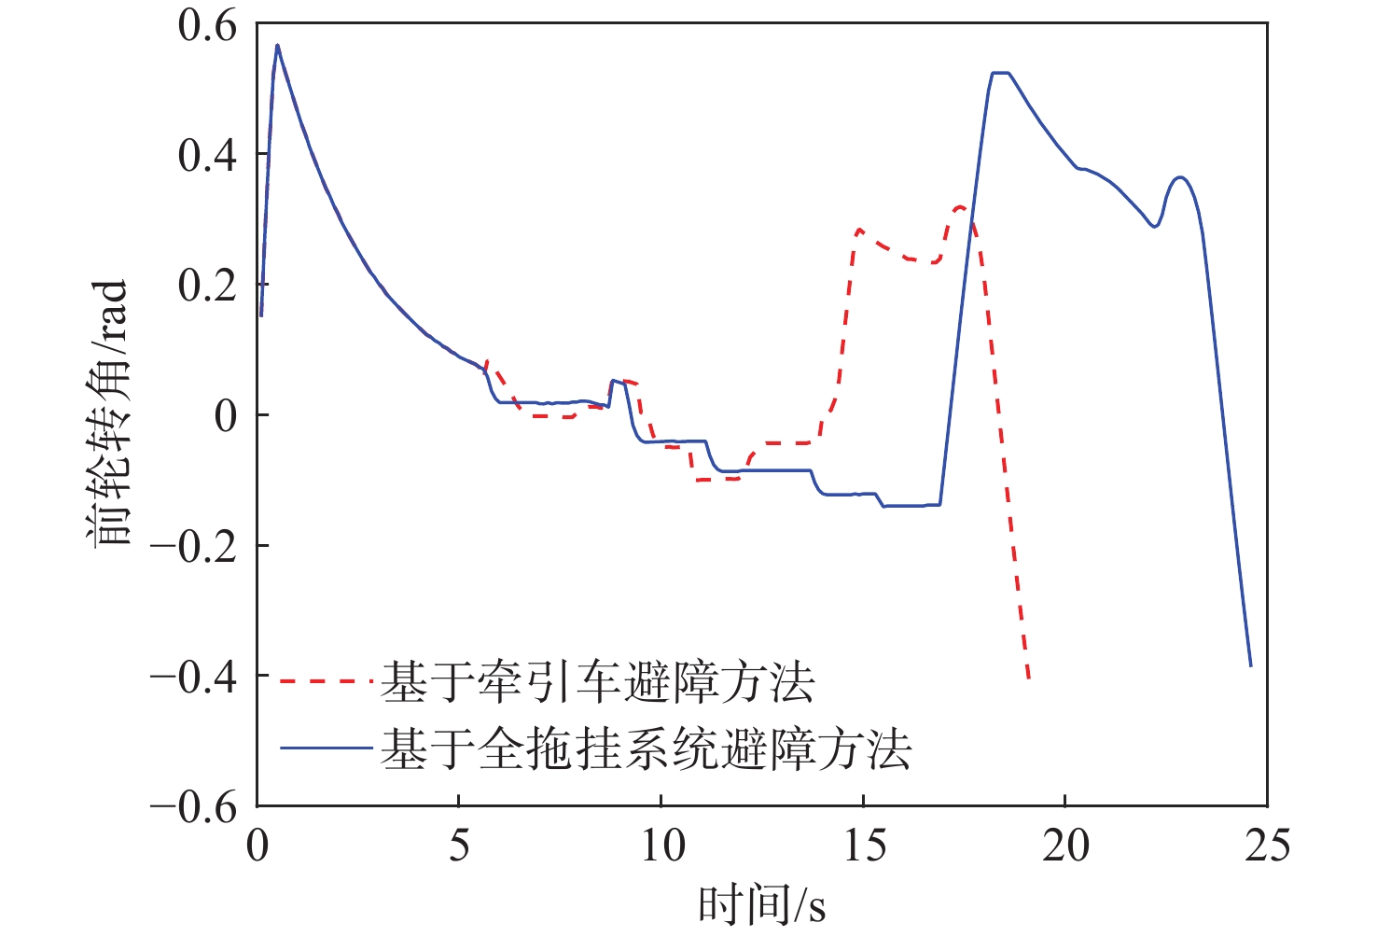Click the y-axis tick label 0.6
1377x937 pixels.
click(207, 25)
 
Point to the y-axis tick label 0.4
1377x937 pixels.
click(207, 155)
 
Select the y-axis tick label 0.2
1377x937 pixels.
click(207, 285)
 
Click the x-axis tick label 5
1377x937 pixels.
click(459, 846)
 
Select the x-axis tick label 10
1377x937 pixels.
click(661, 846)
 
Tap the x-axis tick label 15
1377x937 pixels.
click(863, 846)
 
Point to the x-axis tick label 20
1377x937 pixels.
click(1064, 846)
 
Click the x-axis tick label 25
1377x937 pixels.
click(1266, 846)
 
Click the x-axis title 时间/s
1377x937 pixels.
click(762, 903)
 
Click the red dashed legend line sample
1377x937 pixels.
click(327, 680)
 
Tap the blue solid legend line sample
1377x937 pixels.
click(327, 748)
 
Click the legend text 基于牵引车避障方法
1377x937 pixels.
click(598, 681)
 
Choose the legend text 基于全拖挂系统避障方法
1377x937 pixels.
click(646, 748)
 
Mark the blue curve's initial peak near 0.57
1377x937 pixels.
click(277, 45)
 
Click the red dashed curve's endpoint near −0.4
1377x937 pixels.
click(1028, 678)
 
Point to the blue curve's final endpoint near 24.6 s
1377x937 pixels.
click(1250, 665)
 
